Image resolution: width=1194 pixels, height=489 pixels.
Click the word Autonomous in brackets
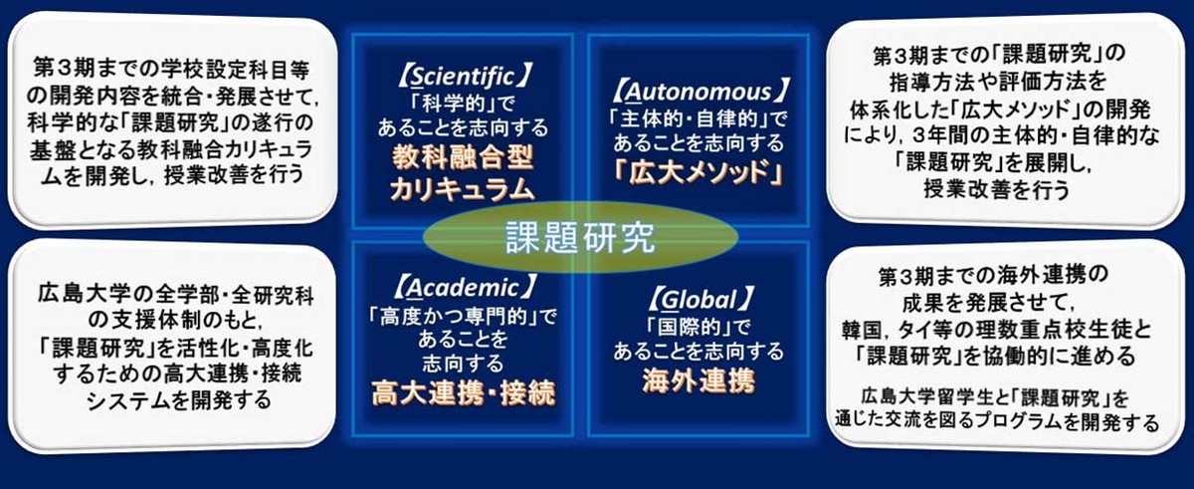(698, 92)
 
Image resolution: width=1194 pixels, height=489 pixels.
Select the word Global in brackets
(698, 300)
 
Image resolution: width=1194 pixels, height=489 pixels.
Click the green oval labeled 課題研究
(580, 237)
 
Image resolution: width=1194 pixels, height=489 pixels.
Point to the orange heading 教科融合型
(463, 158)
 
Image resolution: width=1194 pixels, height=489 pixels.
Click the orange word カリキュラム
(463, 189)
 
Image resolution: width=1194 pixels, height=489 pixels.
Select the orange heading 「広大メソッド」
(698, 172)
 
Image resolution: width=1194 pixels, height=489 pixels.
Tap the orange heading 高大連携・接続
(463, 393)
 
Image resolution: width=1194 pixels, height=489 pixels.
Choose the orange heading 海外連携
(698, 380)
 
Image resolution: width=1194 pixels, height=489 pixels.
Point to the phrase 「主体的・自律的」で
(698, 119)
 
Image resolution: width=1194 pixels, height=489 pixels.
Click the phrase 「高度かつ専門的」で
(463, 317)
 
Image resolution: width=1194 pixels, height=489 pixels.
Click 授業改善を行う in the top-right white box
(996, 189)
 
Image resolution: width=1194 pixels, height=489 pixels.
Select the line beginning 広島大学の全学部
(176, 295)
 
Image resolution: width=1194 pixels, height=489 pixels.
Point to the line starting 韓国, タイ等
(996, 330)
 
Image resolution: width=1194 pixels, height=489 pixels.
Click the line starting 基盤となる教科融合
(170, 149)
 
